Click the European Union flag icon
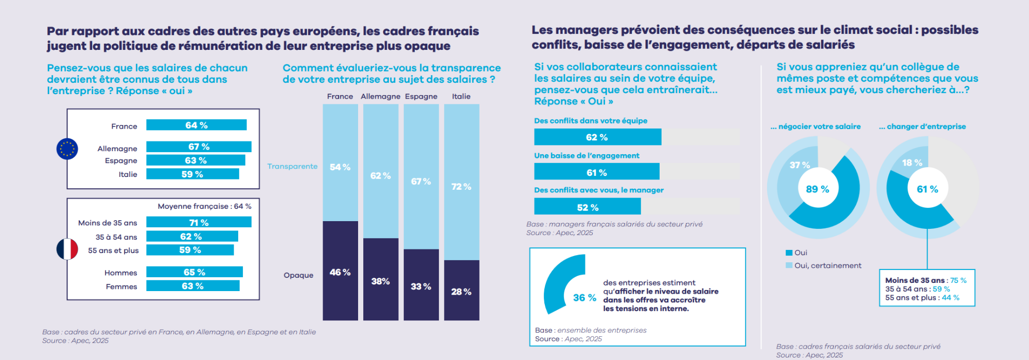67,149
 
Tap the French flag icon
67,249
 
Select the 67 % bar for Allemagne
199,147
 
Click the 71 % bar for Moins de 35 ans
199,222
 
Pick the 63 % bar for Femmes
193,286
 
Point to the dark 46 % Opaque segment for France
340,271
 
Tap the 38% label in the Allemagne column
381,281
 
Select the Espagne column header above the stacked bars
421,96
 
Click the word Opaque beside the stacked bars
298,275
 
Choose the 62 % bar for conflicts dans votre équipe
597,137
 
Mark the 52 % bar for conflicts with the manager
588,207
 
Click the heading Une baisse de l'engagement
587,155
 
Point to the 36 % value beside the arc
584,298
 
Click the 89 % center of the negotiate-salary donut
818,189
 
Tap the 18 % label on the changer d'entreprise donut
912,163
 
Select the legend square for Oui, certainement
789,265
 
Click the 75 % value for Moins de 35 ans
958,280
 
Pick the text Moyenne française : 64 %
204,206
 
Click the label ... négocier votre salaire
815,127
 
